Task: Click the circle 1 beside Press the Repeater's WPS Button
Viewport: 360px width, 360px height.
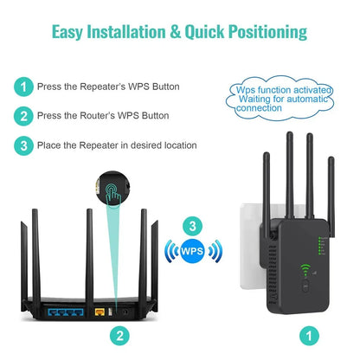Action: pos(23,87)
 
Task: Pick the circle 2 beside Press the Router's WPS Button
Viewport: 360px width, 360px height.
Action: pos(23,116)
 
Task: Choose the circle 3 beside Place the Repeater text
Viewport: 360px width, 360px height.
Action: pos(23,145)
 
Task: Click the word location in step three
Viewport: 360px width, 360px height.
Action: pos(177,145)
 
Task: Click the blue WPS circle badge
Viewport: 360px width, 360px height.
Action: pos(194,253)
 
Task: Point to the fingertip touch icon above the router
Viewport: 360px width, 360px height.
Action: pos(111,196)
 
